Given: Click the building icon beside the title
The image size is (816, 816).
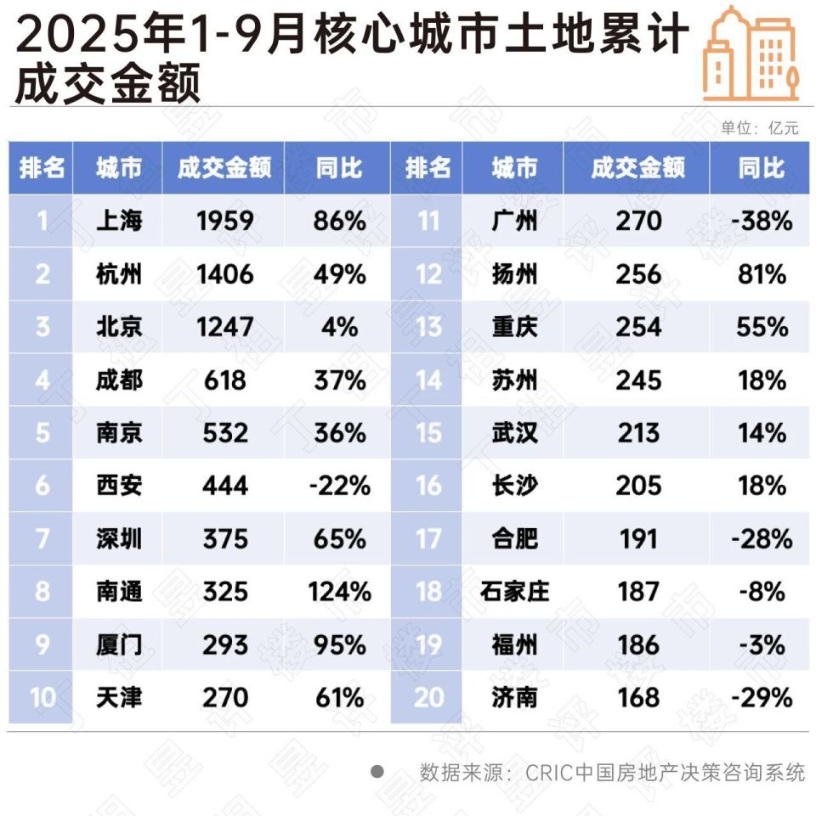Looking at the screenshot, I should pyautogui.click(x=751, y=53).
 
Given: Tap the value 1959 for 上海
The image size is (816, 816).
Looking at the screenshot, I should pyautogui.click(x=224, y=222).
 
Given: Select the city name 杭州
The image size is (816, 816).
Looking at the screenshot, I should pyautogui.click(x=118, y=274).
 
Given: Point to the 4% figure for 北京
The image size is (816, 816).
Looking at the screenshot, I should pyautogui.click(x=339, y=327).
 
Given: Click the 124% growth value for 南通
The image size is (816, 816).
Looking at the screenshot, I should pyautogui.click(x=339, y=592).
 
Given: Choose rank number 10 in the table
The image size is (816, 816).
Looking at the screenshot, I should pyautogui.click(x=42, y=698).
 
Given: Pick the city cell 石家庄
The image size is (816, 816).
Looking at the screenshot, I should pyautogui.click(x=514, y=592).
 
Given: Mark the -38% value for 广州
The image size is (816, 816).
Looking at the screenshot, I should pyautogui.click(x=761, y=222).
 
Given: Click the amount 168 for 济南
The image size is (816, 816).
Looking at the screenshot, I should pyautogui.click(x=637, y=698).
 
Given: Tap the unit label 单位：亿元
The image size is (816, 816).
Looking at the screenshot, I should pyautogui.click(x=760, y=128).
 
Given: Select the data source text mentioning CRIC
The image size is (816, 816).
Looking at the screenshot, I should pyautogui.click(x=612, y=773).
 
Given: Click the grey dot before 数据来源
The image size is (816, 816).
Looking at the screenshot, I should pyautogui.click(x=377, y=772).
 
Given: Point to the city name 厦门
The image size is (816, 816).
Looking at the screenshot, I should pyautogui.click(x=118, y=645).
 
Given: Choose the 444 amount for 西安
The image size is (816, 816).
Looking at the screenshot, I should pyautogui.click(x=224, y=486).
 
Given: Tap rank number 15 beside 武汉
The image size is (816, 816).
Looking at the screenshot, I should pyautogui.click(x=428, y=433).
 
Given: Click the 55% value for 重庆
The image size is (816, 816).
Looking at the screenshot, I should pyautogui.click(x=762, y=327).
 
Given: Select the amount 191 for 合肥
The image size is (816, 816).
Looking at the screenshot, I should pyautogui.click(x=637, y=539).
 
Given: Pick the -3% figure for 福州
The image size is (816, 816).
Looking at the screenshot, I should pyautogui.click(x=762, y=645).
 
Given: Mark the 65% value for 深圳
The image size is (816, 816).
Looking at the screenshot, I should pyautogui.click(x=339, y=539).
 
